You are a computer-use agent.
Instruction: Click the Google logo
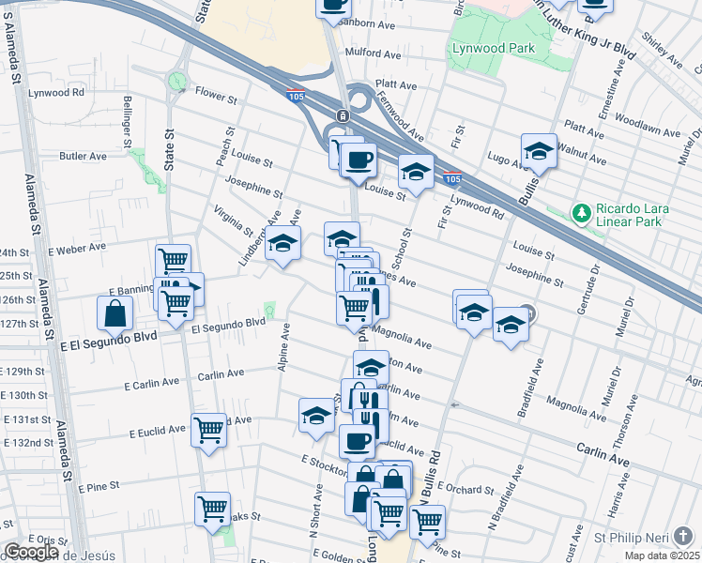tap(31, 552)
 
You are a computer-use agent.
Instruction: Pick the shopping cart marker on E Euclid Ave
tap(209, 430)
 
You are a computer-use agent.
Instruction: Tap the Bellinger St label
tap(127, 114)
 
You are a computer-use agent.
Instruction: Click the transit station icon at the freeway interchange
tap(343, 116)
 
